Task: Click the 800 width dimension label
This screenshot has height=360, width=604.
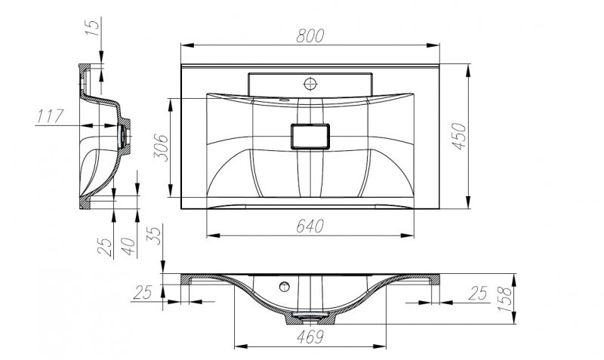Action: [310, 35]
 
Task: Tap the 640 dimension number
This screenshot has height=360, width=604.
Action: [310, 225]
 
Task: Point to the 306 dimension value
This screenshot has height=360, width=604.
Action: [160, 148]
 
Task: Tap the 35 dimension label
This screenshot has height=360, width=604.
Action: [154, 234]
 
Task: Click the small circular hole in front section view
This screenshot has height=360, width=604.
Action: [285, 287]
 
